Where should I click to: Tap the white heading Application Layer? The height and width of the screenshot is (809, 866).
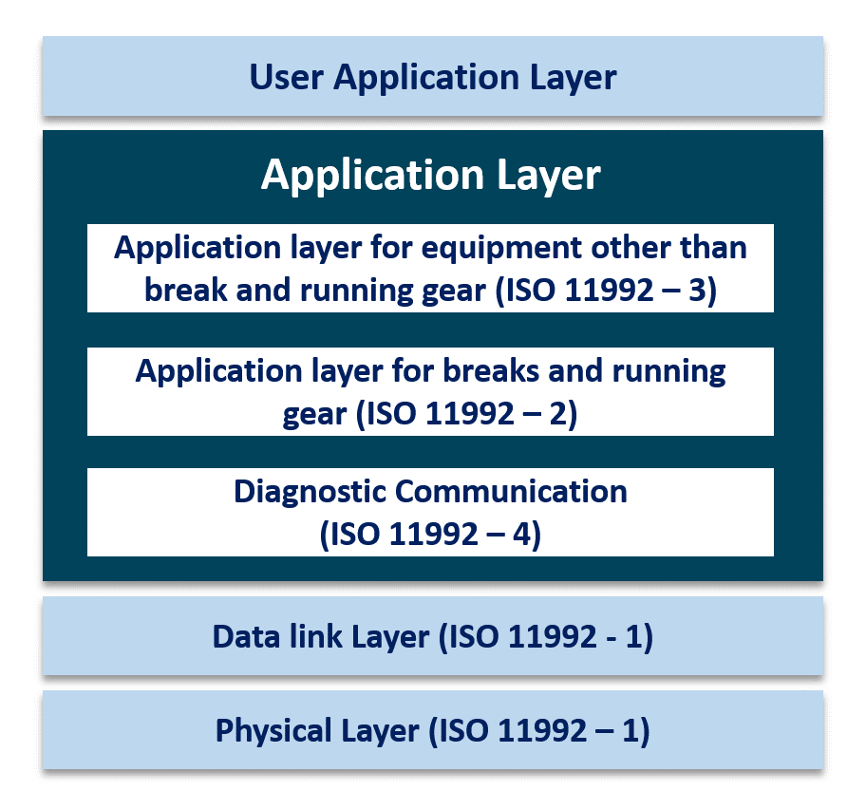click(431, 176)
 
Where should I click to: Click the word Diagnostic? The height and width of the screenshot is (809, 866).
click(311, 492)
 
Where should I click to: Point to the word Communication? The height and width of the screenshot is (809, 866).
click(512, 492)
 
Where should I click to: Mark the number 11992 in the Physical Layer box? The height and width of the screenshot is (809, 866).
click(548, 730)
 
